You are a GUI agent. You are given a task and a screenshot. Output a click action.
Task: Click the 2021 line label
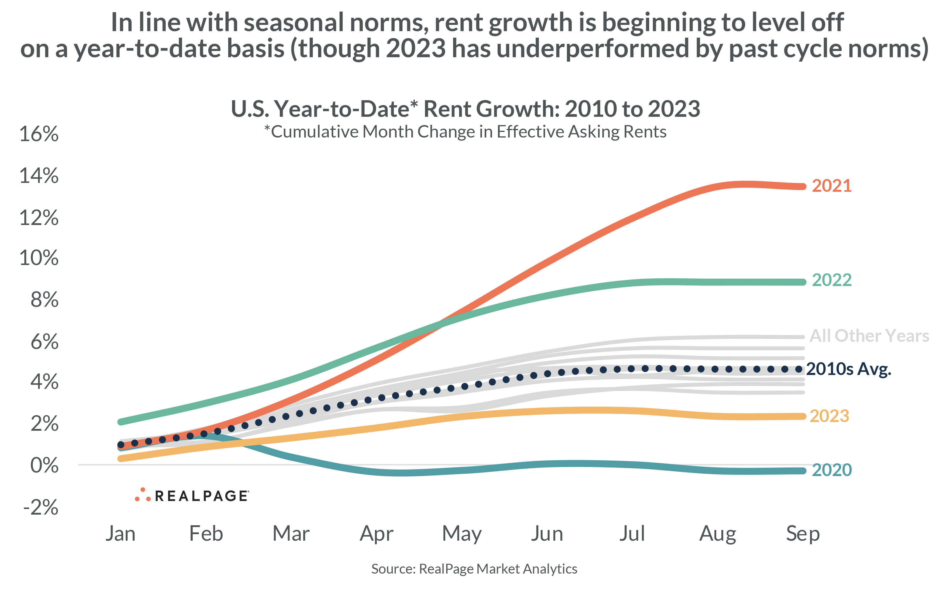[831, 186]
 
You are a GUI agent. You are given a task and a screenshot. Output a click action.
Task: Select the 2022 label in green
[831, 280]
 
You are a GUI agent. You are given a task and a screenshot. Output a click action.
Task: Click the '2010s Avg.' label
[848, 369]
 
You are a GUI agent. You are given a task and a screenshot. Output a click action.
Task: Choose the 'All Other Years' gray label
[869, 336]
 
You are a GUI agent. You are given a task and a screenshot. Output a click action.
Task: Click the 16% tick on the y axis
[39, 134]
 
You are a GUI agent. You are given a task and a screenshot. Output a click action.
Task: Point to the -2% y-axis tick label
[41, 507]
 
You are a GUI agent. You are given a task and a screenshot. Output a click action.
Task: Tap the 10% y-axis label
[39, 258]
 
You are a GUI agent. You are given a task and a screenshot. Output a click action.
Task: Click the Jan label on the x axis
[120, 533]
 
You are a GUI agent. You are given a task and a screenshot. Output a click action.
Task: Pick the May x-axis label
[461, 534]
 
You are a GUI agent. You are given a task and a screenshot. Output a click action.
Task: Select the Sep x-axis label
[803, 533]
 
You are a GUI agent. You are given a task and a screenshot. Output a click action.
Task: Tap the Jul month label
[632, 533]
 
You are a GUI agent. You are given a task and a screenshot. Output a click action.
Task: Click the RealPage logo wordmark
[201, 496]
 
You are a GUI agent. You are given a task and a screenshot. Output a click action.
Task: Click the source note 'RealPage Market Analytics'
[498, 569]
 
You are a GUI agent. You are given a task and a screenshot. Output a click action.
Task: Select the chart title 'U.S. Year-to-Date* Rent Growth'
[465, 109]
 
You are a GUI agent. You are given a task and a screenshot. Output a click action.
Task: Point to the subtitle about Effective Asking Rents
[465, 132]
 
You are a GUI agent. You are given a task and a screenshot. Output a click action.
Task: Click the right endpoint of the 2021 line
[803, 186]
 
